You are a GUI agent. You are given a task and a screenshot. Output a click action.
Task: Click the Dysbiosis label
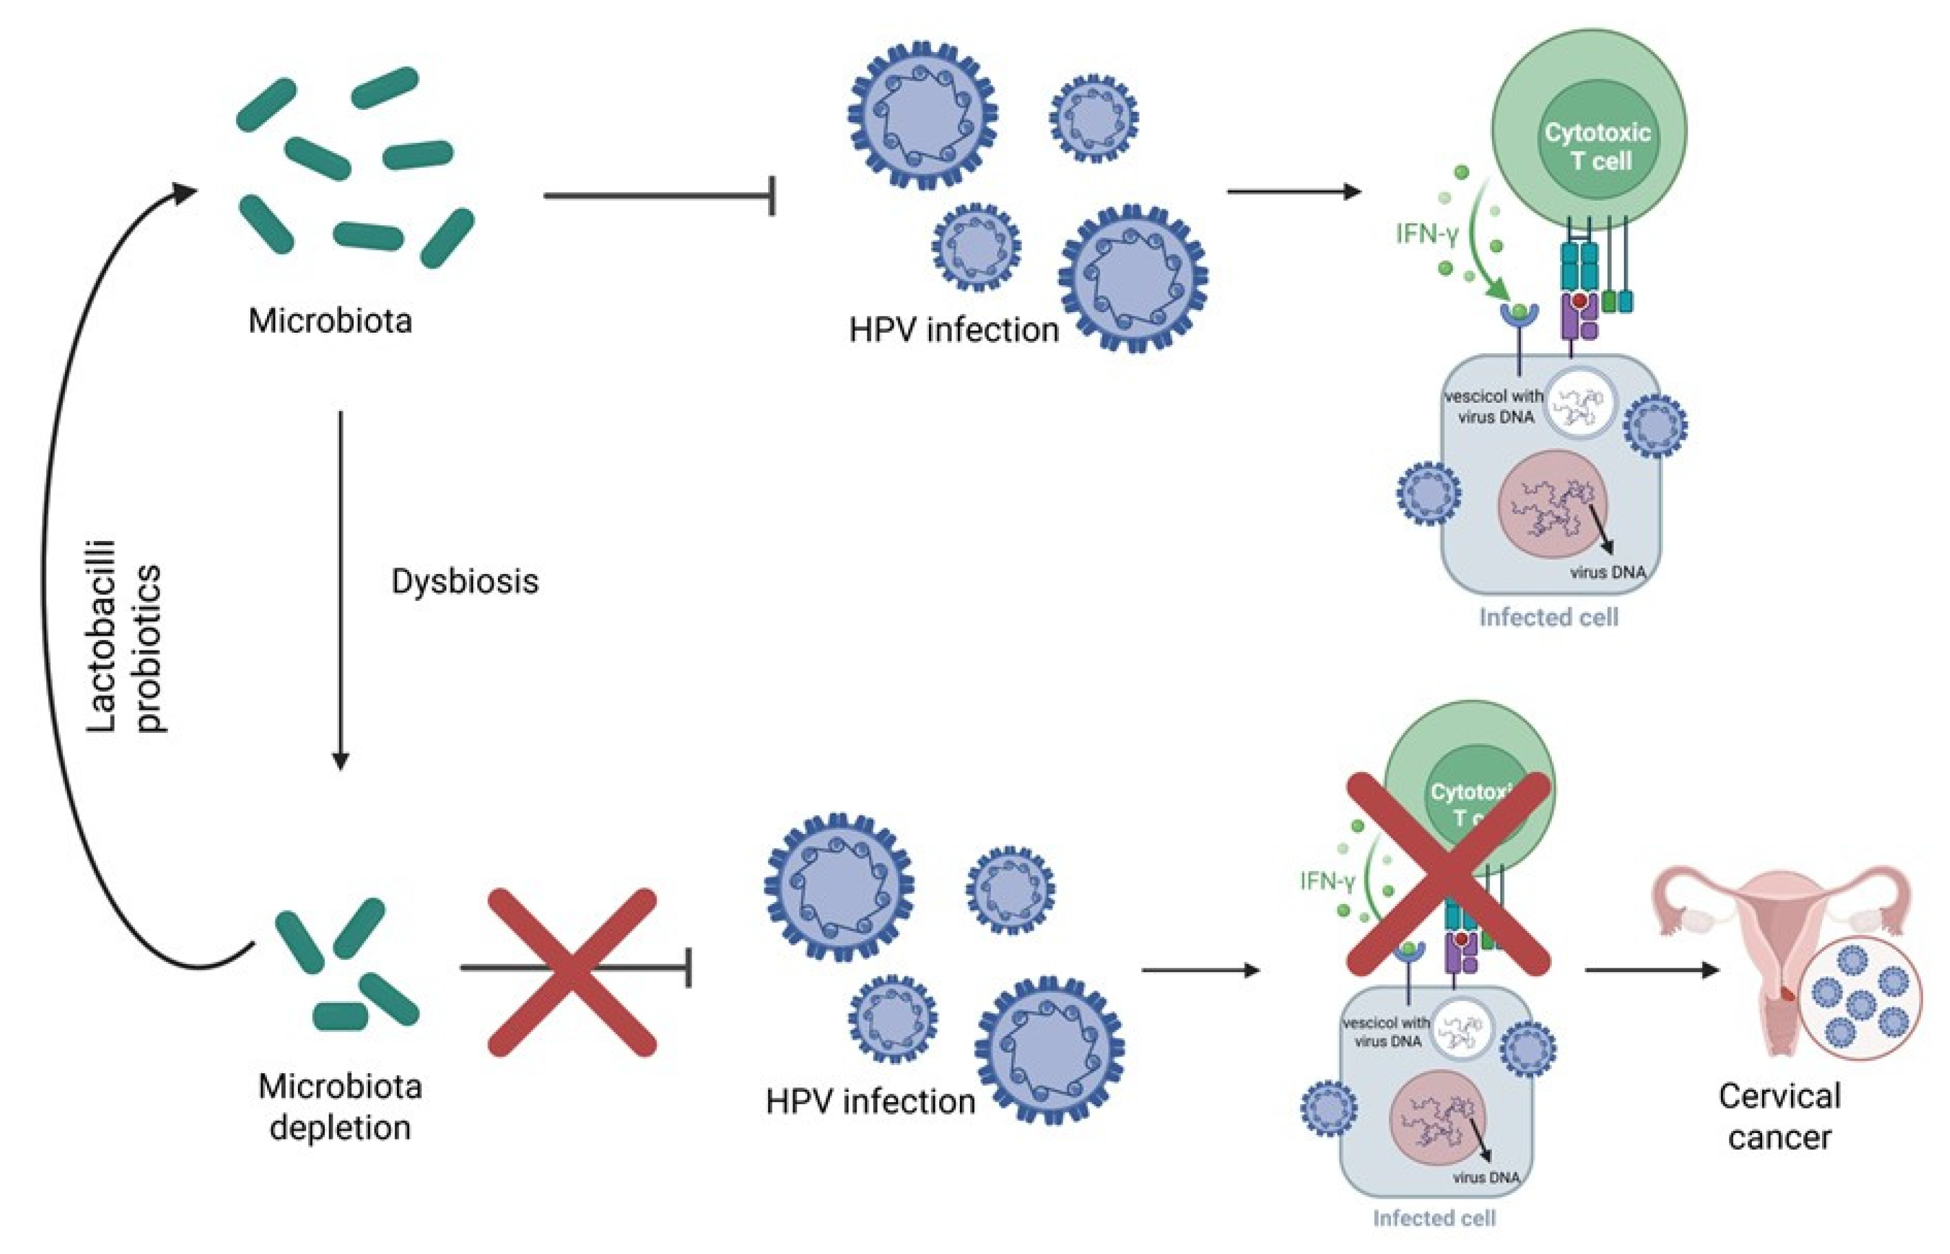pyautogui.click(x=465, y=582)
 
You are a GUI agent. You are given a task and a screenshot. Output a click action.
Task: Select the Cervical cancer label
pyautogui.click(x=1779, y=1116)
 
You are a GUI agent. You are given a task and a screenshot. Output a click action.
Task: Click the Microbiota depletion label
pyautogui.click(x=340, y=1107)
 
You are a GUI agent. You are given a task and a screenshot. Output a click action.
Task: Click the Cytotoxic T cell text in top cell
pyautogui.click(x=1597, y=147)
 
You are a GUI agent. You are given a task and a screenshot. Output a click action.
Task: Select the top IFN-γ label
pyautogui.click(x=1426, y=234)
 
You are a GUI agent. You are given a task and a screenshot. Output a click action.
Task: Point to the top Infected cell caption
pyautogui.click(x=1548, y=617)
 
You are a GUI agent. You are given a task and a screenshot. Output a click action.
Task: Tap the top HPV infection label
pyautogui.click(x=953, y=331)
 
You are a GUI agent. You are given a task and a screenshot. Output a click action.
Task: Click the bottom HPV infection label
pyautogui.click(x=870, y=1102)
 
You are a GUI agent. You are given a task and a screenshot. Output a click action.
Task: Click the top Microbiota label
pyautogui.click(x=330, y=321)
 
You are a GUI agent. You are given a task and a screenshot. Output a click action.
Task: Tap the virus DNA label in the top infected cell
pyautogui.click(x=1607, y=573)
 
